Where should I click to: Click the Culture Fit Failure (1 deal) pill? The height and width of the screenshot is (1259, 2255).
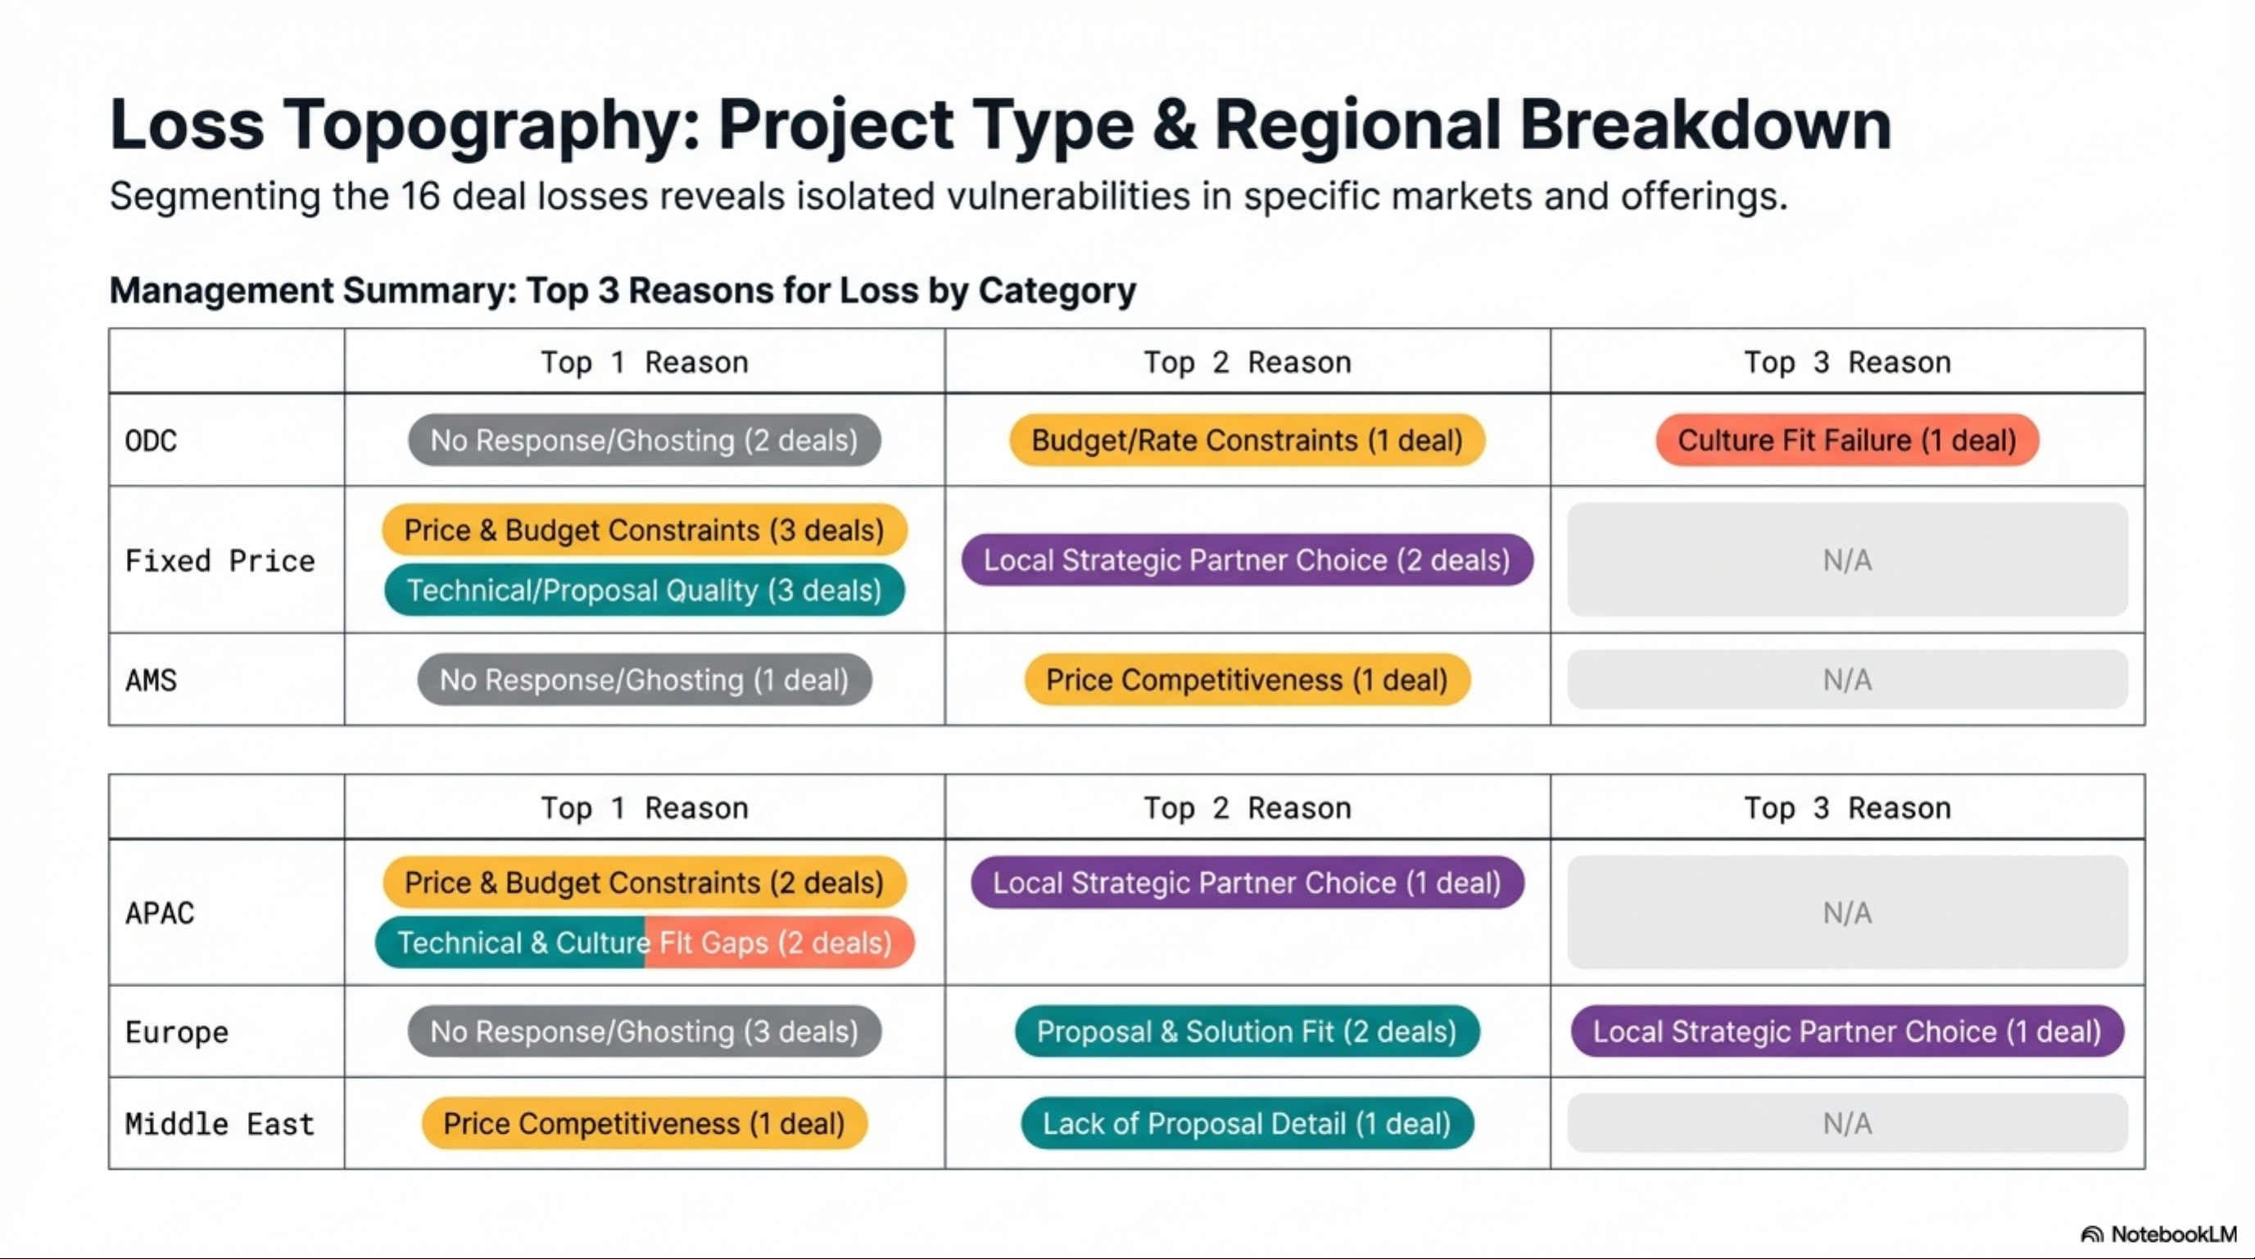coord(1847,440)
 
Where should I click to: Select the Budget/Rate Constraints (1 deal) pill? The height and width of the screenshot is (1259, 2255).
coord(1247,440)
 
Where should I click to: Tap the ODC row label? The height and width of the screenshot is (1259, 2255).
coord(151,441)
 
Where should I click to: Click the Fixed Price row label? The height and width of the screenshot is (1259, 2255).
coord(220,560)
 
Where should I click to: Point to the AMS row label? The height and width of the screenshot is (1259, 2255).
coord(151,680)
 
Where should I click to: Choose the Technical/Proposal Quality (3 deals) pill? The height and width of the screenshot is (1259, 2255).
coord(645,590)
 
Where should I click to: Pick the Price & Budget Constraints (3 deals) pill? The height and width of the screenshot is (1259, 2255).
coord(645,530)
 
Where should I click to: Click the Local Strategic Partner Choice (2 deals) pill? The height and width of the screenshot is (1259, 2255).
coord(1247,559)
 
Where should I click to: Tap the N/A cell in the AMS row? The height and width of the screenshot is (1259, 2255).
coord(1847,679)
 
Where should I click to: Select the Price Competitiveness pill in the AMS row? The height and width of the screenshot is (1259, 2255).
coord(1247,679)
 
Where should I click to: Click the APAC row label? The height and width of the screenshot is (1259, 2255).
coord(160,913)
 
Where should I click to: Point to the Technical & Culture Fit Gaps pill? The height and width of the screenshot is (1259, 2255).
coord(645,942)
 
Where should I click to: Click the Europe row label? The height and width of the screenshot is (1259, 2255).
coord(177,1032)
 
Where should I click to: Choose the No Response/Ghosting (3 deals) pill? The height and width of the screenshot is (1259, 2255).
coord(645,1031)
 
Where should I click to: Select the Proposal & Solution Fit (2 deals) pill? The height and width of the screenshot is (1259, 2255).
coord(1247,1031)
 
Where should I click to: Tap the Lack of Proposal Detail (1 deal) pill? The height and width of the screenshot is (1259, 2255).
coord(1247,1123)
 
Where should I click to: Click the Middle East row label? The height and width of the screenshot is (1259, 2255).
coord(220,1124)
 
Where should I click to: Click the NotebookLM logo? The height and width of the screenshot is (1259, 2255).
coord(2158,1234)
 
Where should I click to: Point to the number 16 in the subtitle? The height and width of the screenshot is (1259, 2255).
coord(420,196)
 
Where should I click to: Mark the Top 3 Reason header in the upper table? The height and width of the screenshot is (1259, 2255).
coord(1847,363)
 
